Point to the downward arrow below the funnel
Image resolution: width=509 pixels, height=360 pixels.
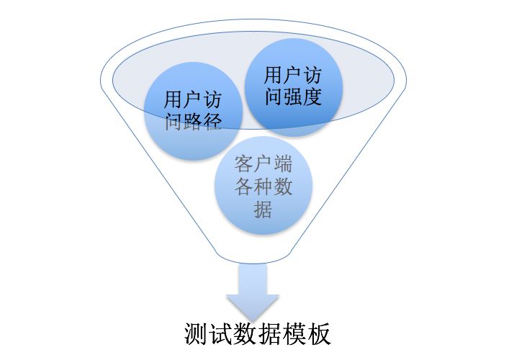(x=252, y=292)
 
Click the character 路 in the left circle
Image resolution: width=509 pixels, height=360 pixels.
(x=192, y=121)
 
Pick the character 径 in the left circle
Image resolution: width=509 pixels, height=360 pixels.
(x=211, y=121)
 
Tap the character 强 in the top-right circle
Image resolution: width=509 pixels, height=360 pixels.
(x=293, y=96)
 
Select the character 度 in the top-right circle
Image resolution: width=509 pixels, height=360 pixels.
(x=312, y=96)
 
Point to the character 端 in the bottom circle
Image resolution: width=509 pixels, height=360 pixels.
(x=283, y=163)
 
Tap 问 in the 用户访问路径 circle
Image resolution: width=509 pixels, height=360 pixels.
(x=174, y=121)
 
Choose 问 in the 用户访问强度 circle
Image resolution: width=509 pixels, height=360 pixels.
(x=274, y=96)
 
